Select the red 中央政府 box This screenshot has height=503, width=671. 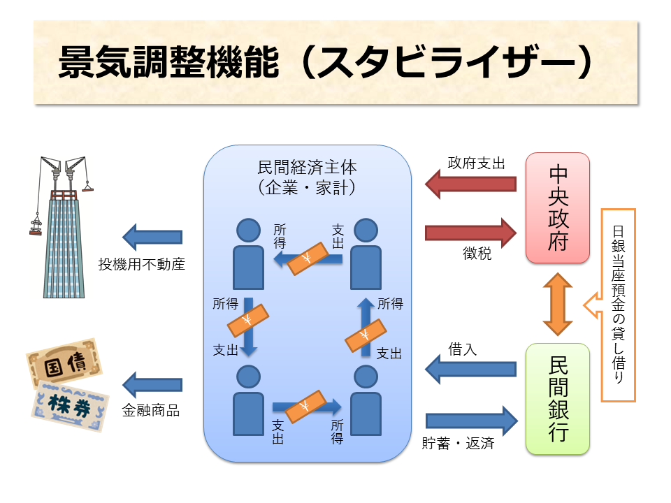tap(558, 207)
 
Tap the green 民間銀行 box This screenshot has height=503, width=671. tap(558, 398)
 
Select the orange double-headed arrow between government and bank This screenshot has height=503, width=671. tap(558, 303)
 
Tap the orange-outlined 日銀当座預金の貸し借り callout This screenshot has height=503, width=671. tap(618, 305)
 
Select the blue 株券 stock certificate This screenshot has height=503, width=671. tap(69, 404)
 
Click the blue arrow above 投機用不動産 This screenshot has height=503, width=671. tap(153, 238)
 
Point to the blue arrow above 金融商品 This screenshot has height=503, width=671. tap(153, 384)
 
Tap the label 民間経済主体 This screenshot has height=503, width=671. tap(307, 168)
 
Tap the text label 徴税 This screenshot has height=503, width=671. tap(477, 254)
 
